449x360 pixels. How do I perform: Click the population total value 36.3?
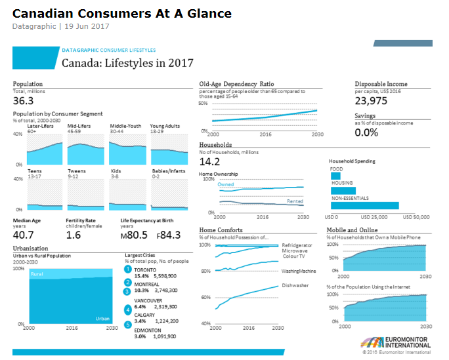[x=23, y=100]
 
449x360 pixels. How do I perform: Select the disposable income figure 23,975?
[x=372, y=100]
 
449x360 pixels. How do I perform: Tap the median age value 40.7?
[x=24, y=234]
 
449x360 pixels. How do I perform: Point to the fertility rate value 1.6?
[x=74, y=234]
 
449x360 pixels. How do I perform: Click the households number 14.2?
[x=209, y=161]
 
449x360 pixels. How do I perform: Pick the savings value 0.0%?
[x=366, y=132]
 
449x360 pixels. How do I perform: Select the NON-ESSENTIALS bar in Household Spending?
[x=364, y=205]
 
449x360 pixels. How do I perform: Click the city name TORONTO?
[x=146, y=269]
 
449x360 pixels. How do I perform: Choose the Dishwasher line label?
[x=295, y=285]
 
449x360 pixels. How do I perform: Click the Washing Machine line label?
[x=299, y=270]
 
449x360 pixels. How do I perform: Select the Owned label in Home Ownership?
[x=225, y=185]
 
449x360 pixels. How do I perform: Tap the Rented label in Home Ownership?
[x=295, y=201]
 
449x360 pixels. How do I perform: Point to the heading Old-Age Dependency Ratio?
[x=236, y=84]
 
